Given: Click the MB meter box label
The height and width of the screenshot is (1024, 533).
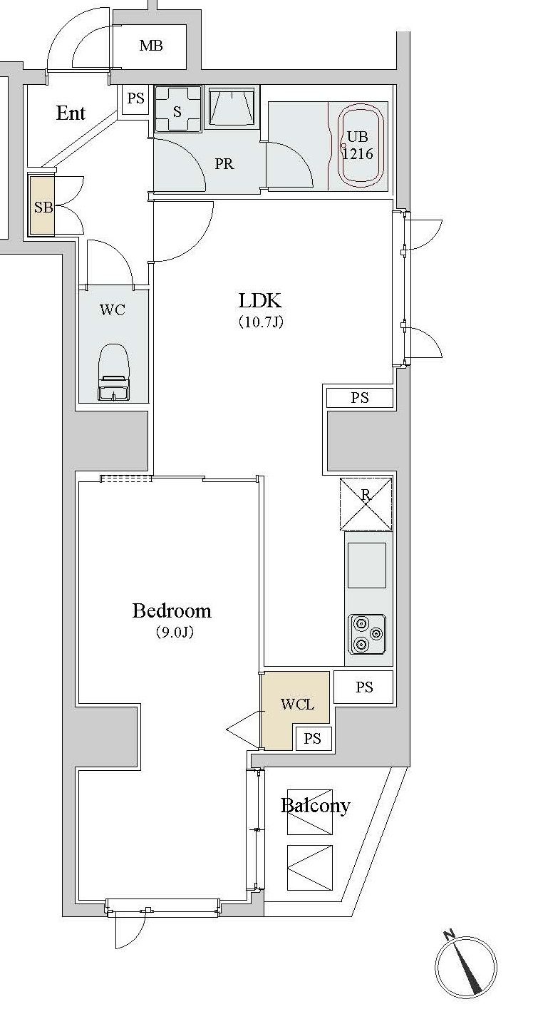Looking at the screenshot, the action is coord(151,46).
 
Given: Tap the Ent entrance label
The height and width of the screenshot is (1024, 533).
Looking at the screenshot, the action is coord(71,113).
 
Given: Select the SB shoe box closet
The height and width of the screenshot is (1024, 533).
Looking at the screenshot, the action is coord(43,205).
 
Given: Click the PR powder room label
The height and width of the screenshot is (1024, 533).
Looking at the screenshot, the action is coord(224,164).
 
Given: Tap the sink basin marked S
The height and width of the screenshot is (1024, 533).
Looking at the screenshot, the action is coord(177,110).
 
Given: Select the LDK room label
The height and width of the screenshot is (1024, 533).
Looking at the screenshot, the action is coord(260,300).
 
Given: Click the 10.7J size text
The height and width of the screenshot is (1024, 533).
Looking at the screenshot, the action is coord(261,323).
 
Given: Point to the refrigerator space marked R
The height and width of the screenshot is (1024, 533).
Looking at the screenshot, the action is coord(366,503).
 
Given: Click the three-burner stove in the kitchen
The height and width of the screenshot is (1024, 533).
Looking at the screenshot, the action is coord(367,634).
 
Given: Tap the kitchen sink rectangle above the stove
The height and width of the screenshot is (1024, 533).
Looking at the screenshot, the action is coord(367,565).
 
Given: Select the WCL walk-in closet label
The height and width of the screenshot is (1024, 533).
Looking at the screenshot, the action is coord(297,705).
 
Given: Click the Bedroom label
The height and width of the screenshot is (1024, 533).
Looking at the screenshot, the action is coord(172,610).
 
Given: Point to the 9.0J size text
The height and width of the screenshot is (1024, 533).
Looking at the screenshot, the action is coord(175,633).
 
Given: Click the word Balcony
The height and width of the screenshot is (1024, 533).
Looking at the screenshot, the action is coord(316,806).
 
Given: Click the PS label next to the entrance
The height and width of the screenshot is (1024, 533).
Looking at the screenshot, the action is coord(135,98).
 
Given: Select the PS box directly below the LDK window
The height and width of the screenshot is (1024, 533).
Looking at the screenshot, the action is coord(360,398).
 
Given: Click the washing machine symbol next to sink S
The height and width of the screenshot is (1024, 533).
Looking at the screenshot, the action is coord(232,108).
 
